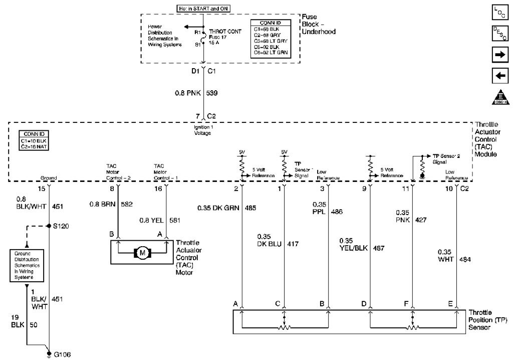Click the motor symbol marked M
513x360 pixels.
142,252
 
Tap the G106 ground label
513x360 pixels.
63,354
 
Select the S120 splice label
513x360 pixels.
60,226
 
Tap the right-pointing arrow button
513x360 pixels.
501,55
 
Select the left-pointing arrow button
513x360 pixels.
501,76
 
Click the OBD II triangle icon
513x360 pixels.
501,96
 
